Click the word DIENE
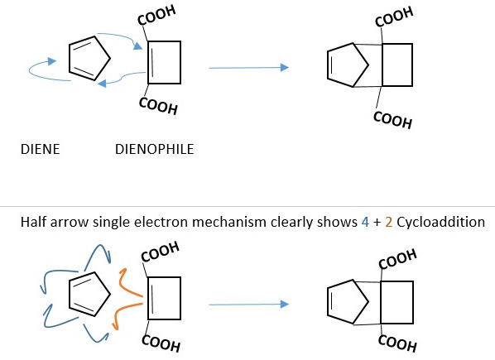pos(40,149)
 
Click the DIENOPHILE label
pos(154,149)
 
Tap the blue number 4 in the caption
pos(365,222)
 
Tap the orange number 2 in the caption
pos(389,222)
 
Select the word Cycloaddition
pos(440,222)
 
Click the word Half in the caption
pos(33,222)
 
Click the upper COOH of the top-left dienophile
pos(156,15)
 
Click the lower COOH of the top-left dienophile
pos(158,106)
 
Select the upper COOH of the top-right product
pos(394,17)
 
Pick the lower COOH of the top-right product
pos(392,120)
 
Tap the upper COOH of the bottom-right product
pos(397,259)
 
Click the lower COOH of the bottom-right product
pos(397,343)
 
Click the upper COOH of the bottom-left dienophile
pos(160,252)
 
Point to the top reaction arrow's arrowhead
pos(285,67)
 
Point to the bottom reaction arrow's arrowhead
pos(285,305)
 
